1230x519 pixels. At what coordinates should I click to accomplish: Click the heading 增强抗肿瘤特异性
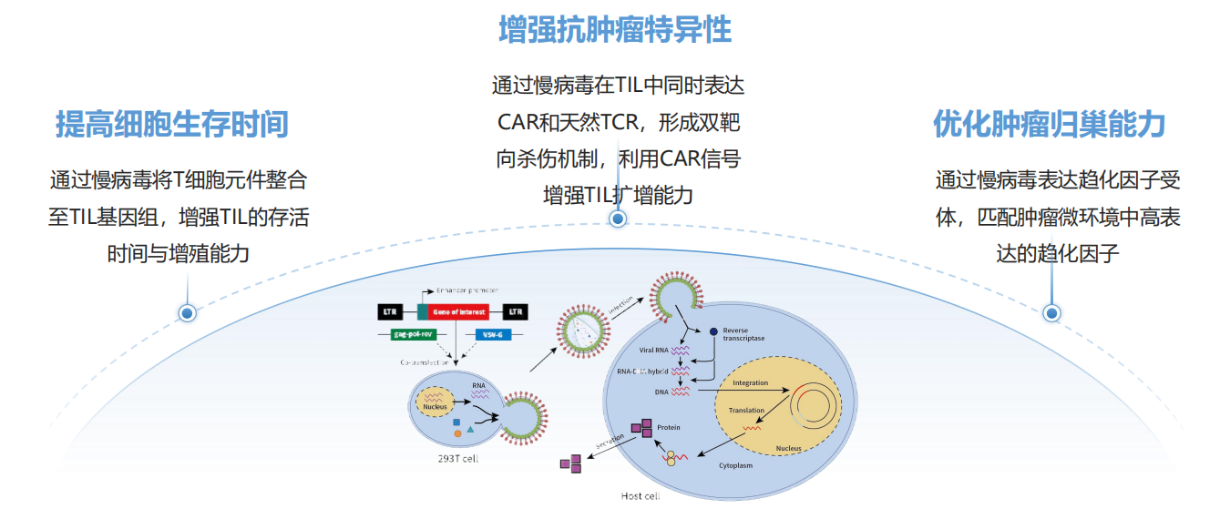click(615, 31)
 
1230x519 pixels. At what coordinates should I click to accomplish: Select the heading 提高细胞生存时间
click(172, 124)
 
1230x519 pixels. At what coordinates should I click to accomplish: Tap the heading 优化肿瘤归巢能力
click(1050, 124)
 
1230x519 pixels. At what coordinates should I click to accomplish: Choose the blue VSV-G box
click(493, 334)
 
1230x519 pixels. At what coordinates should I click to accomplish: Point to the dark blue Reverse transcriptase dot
click(713, 331)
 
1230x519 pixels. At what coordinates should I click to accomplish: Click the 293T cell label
click(457, 459)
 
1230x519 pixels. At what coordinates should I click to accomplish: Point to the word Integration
click(751, 383)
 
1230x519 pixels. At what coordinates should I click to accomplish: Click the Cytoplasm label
click(736, 464)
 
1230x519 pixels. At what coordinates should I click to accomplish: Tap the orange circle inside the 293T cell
click(457, 433)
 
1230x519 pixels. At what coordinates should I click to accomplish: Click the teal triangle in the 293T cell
click(470, 427)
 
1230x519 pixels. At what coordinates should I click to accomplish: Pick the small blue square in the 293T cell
click(456, 422)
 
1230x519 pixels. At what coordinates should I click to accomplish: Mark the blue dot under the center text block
click(618, 219)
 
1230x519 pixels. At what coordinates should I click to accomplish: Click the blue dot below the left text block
click(188, 313)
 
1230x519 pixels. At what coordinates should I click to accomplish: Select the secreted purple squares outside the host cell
click(570, 463)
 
